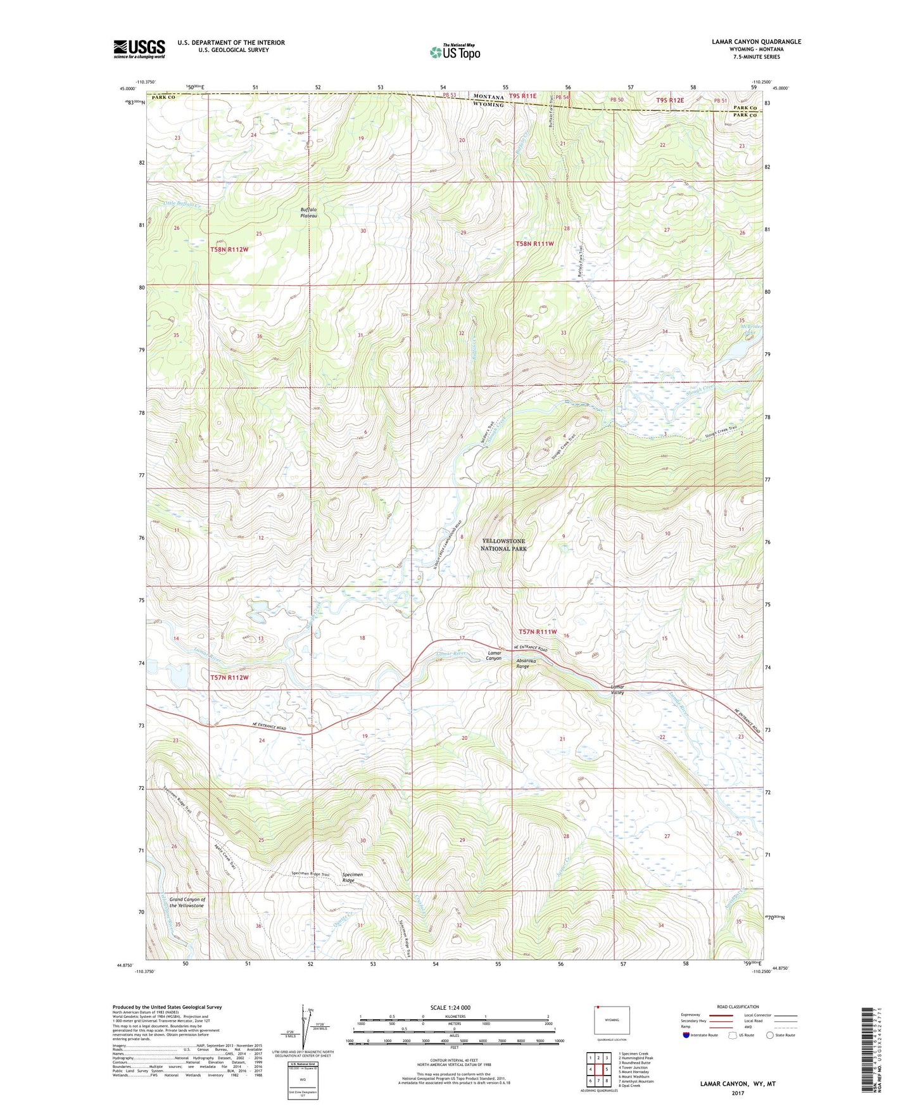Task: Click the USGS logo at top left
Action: coord(139,49)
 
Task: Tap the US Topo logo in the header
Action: coord(455,52)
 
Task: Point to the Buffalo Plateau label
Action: coord(308,212)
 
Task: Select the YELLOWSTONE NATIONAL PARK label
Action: coord(503,545)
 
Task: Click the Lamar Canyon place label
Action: coord(494,655)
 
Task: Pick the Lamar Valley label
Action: coord(617,689)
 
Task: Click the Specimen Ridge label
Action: coord(352,877)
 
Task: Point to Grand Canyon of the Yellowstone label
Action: coord(187,902)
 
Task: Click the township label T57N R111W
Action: coord(538,632)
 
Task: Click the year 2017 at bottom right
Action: coord(738,1093)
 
